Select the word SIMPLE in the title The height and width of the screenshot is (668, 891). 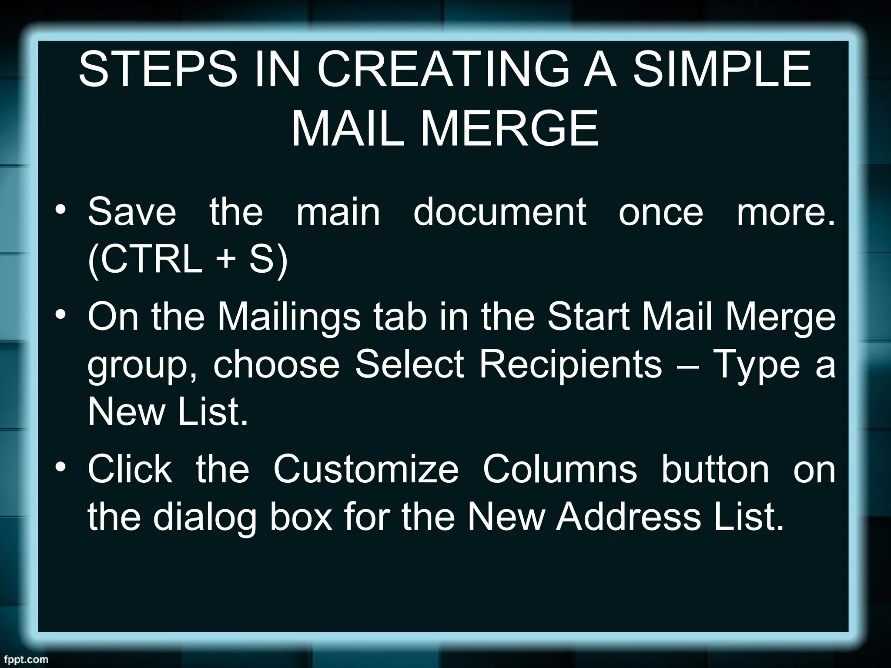tap(722, 70)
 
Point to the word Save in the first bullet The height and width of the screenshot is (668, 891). tap(132, 212)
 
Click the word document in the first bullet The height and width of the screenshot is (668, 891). tap(500, 212)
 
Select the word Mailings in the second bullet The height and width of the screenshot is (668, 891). tap(289, 316)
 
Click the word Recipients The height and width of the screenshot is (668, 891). tap(571, 364)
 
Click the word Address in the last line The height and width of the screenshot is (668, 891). tap(628, 517)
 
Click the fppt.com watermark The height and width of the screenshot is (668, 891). tap(24, 659)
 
